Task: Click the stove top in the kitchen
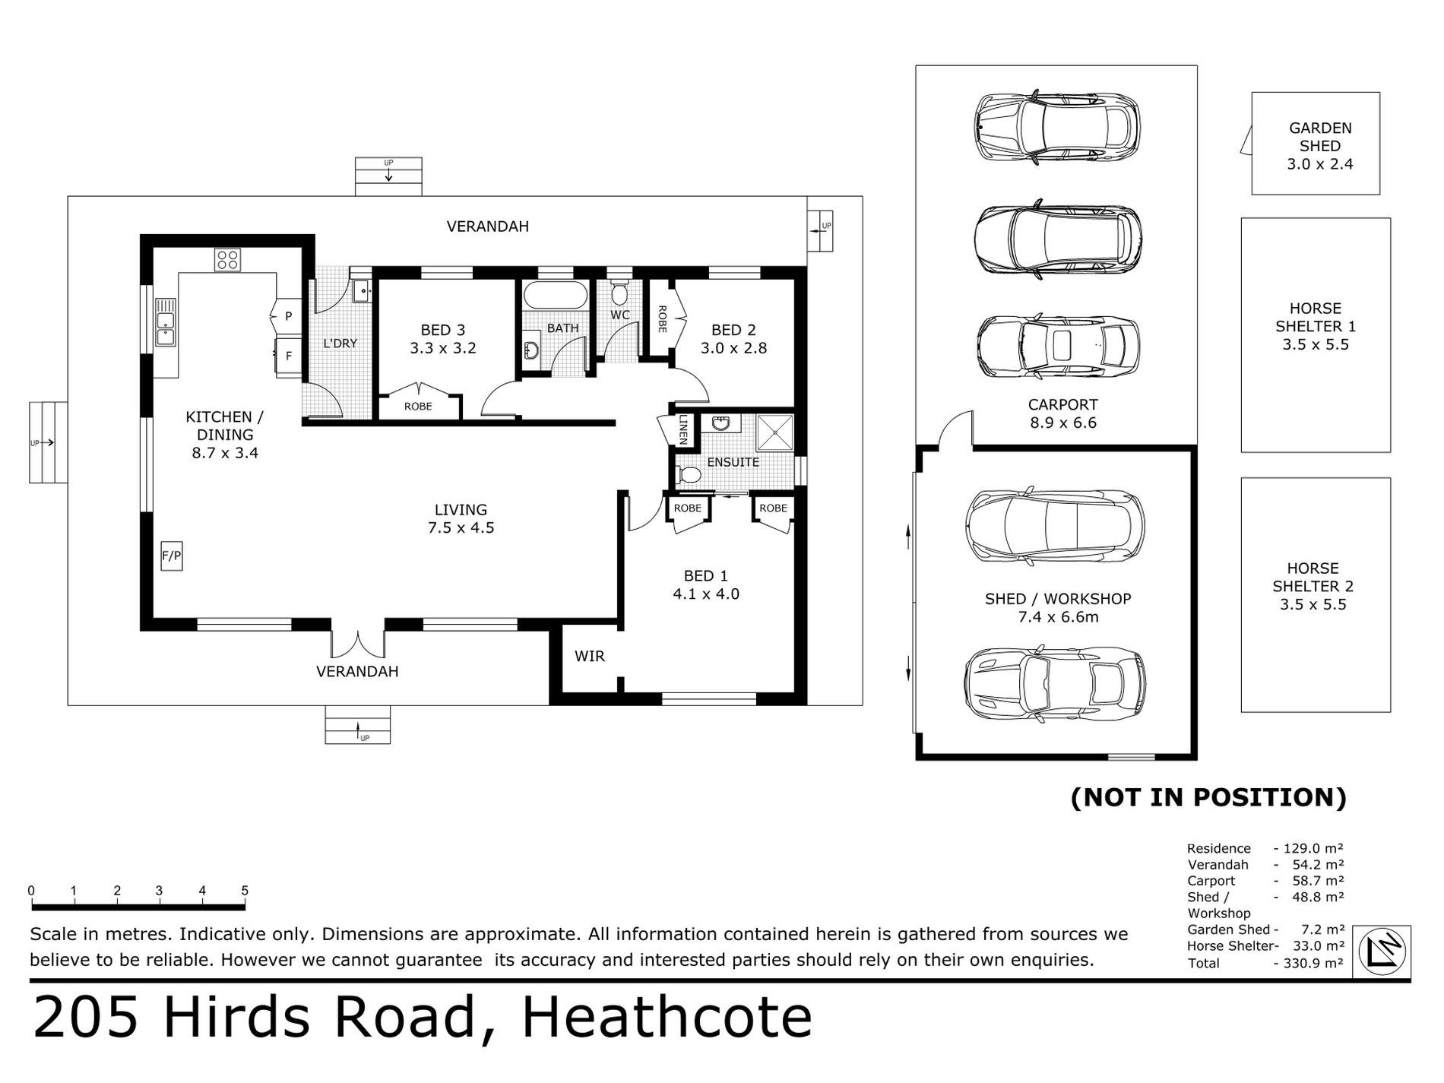pyautogui.click(x=227, y=260)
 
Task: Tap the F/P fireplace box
pyautogui.click(x=172, y=556)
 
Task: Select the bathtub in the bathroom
pyautogui.click(x=556, y=296)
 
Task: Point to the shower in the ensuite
pyautogui.click(x=774, y=433)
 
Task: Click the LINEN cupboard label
pyautogui.click(x=683, y=429)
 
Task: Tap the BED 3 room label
pyautogui.click(x=443, y=330)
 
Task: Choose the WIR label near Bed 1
pyautogui.click(x=590, y=656)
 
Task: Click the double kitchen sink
pyautogui.click(x=165, y=322)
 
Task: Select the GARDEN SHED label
pyautogui.click(x=1320, y=137)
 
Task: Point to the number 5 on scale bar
pyautogui.click(x=245, y=891)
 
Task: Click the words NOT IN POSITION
pyautogui.click(x=1208, y=797)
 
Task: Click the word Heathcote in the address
pyautogui.click(x=667, y=1018)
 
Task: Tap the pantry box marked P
pyautogui.click(x=288, y=316)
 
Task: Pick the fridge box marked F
pyautogui.click(x=288, y=356)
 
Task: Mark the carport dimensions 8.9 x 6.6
pyautogui.click(x=1063, y=423)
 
